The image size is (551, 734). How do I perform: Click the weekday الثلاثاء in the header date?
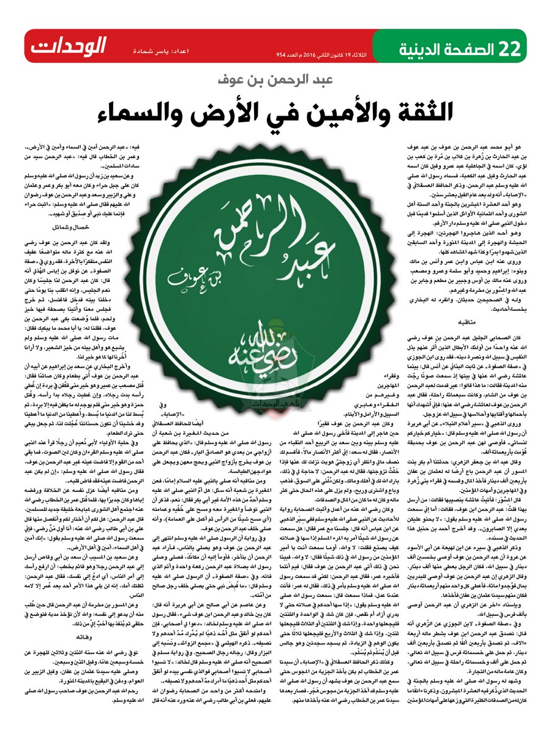(x=367, y=54)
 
